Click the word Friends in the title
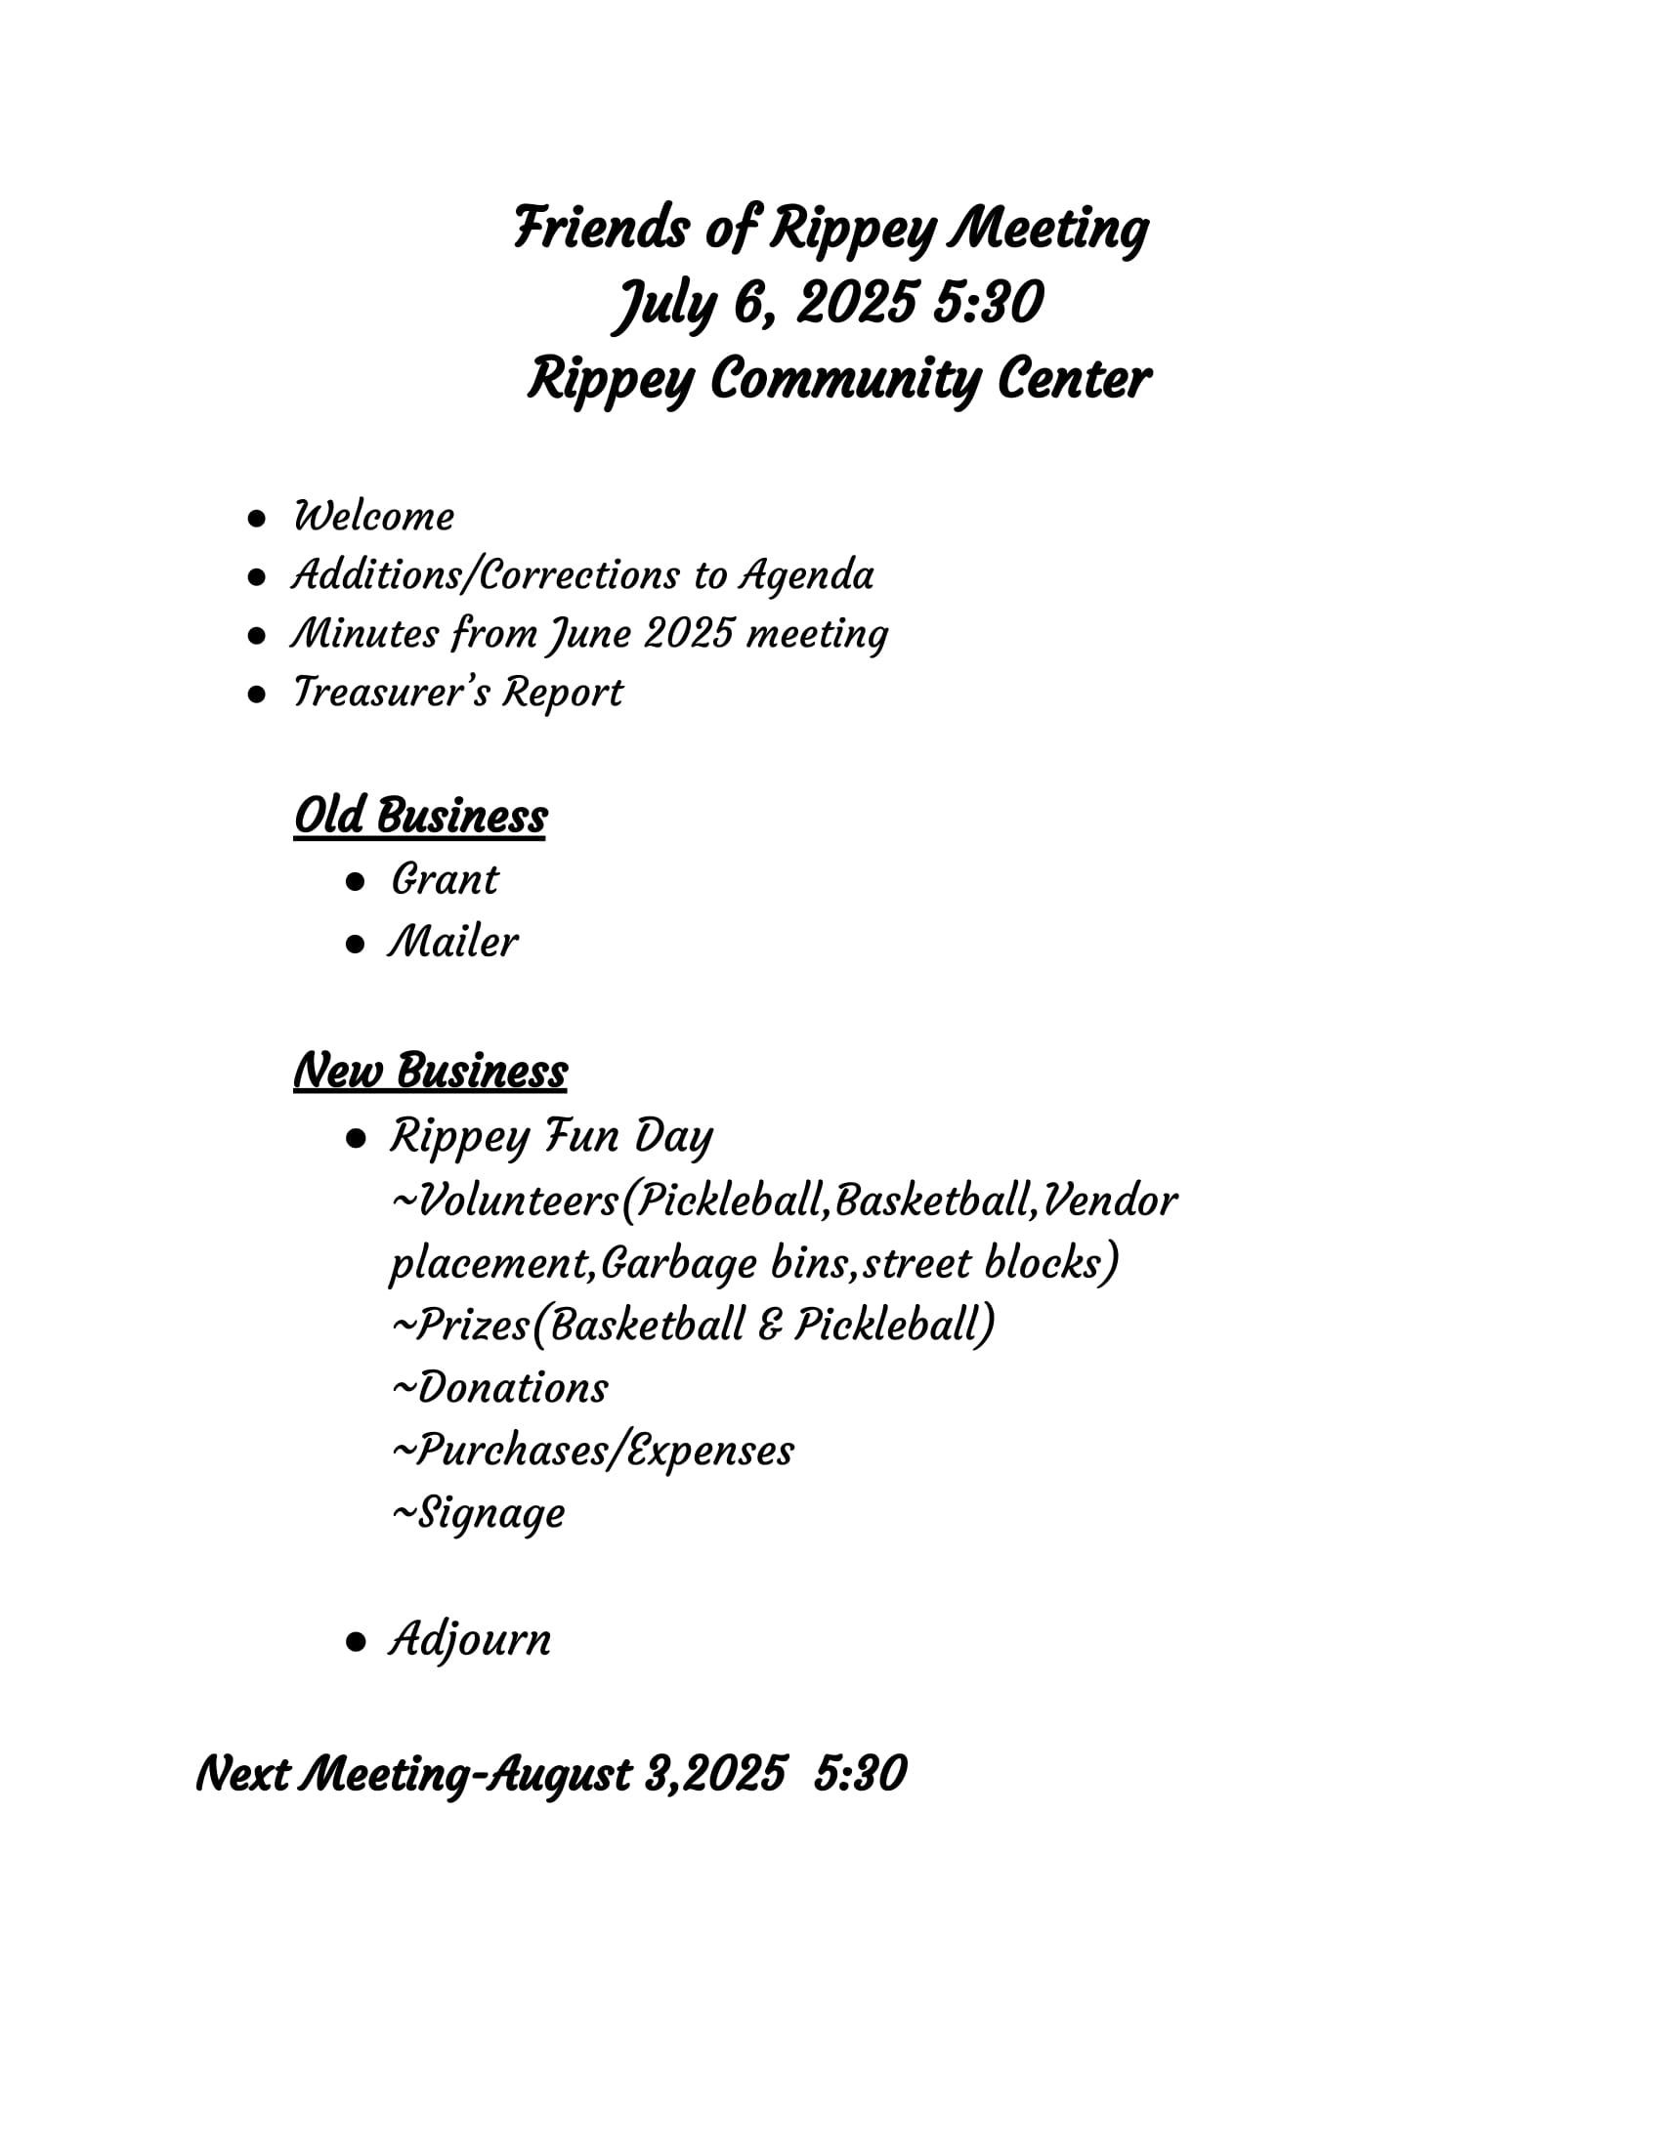pyautogui.click(x=599, y=229)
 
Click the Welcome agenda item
pyautogui.click(x=374, y=517)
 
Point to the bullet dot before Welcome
pyautogui.click(x=257, y=519)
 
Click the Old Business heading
pyautogui.click(x=420, y=817)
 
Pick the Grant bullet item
pyautogui.click(x=445, y=880)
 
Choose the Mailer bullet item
pyautogui.click(x=452, y=943)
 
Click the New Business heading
pyautogui.click(x=430, y=1072)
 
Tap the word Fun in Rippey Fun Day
pyautogui.click(x=581, y=1136)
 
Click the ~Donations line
pyautogui.click(x=500, y=1388)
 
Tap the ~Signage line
pyautogui.click(x=478, y=1513)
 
